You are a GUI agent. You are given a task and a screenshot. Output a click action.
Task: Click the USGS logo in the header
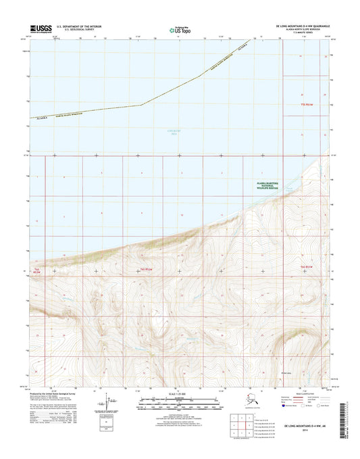pyautogui.click(x=41, y=28)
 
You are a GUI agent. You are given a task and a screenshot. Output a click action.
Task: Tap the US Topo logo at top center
pyautogui.click(x=178, y=29)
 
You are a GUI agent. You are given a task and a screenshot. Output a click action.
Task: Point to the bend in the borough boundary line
pyautogui.click(x=140, y=105)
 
